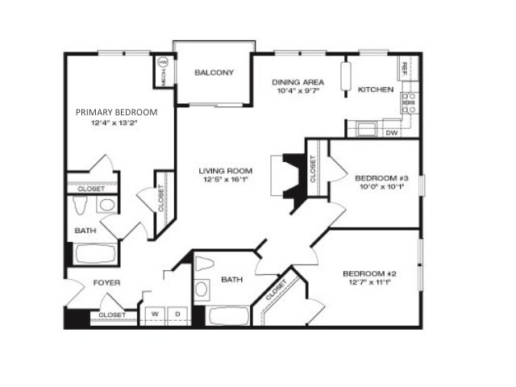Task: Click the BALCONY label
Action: pos(214,73)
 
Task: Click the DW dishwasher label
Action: pos(392,133)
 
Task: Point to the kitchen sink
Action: pos(366,129)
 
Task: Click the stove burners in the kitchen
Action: pos(410,103)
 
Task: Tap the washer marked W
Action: pos(155,315)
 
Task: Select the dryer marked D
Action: pos(177,315)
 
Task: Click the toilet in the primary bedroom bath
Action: pos(79,205)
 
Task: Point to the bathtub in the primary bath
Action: pos(95,254)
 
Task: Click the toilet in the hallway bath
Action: pos(204,264)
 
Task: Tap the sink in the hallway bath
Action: pos(202,289)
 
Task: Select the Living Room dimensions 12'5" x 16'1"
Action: pos(226,179)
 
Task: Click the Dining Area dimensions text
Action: pos(298,91)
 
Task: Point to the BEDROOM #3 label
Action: pos(381,178)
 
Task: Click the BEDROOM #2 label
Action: pos(369,274)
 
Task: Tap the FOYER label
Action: pos(106,283)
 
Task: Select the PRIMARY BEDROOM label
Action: pos(116,112)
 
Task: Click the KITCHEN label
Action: pos(376,89)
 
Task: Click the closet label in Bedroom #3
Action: pos(313,169)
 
